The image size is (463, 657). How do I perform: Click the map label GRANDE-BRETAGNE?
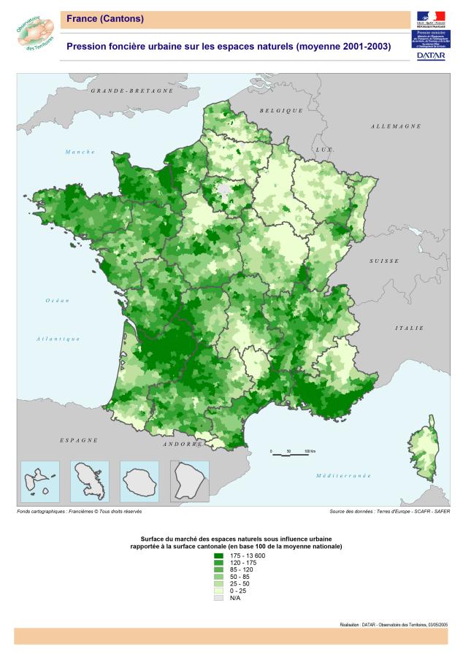tap(132, 91)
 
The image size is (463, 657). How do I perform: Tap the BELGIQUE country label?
tap(281, 110)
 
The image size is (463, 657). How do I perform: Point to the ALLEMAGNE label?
tap(396, 126)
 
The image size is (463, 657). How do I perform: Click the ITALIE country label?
tap(410, 328)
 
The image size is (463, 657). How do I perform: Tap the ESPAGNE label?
tap(79, 440)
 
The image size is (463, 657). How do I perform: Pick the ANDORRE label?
tap(183, 444)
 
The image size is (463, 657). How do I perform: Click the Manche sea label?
tap(80, 152)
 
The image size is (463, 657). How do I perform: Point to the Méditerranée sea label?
tap(343, 475)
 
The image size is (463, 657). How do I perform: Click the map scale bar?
tap(288, 454)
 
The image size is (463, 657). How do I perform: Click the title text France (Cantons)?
tap(105, 18)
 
